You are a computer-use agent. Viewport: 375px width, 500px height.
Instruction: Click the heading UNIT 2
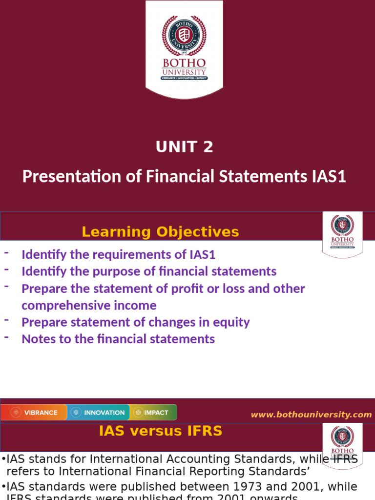tap(184, 146)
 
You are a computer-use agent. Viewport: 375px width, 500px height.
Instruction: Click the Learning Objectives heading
tap(160, 232)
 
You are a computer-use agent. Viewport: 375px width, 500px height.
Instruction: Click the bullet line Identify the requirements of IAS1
tap(118, 254)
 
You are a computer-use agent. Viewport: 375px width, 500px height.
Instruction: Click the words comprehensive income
tap(89, 306)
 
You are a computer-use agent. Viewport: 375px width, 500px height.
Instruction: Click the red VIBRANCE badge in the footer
tap(34, 413)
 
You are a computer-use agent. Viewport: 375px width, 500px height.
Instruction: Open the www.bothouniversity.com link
tap(311, 415)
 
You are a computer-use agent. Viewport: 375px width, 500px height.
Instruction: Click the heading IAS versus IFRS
tap(160, 431)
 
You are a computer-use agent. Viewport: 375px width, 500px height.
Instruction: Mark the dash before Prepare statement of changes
tap(7, 320)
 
